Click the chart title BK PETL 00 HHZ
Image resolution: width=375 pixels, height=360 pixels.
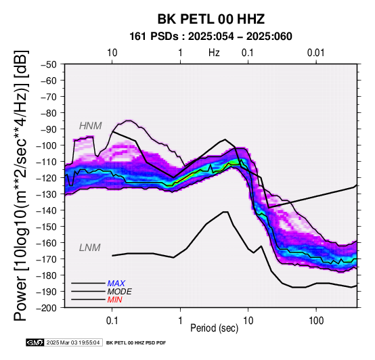(211, 19)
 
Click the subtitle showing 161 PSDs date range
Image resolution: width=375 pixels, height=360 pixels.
(211, 37)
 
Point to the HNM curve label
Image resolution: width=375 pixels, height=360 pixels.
(91, 126)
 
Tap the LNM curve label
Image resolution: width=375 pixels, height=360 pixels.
(89, 248)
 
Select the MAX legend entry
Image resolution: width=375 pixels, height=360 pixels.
(116, 284)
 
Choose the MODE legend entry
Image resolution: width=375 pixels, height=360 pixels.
(119, 292)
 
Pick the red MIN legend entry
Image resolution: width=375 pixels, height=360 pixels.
(114, 300)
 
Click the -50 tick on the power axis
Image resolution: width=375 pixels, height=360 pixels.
(49, 64)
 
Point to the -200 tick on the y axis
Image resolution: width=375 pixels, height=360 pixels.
(47, 308)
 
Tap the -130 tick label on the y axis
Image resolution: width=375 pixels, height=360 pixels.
(47, 194)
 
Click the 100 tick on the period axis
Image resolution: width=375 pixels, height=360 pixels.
(316, 321)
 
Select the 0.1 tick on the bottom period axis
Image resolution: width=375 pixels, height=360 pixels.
(112, 321)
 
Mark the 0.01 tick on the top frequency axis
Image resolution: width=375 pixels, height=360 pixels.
(316, 53)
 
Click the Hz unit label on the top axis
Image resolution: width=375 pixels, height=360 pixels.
(214, 53)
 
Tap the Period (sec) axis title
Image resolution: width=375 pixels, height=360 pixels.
(215, 328)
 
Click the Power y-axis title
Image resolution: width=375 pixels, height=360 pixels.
(21, 185)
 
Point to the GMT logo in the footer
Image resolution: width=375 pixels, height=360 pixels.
(35, 342)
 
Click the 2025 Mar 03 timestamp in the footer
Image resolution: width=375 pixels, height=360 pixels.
(73, 342)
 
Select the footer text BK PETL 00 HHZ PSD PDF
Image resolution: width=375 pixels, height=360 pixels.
(136, 343)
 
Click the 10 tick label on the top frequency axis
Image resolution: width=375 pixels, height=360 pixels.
(112, 53)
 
